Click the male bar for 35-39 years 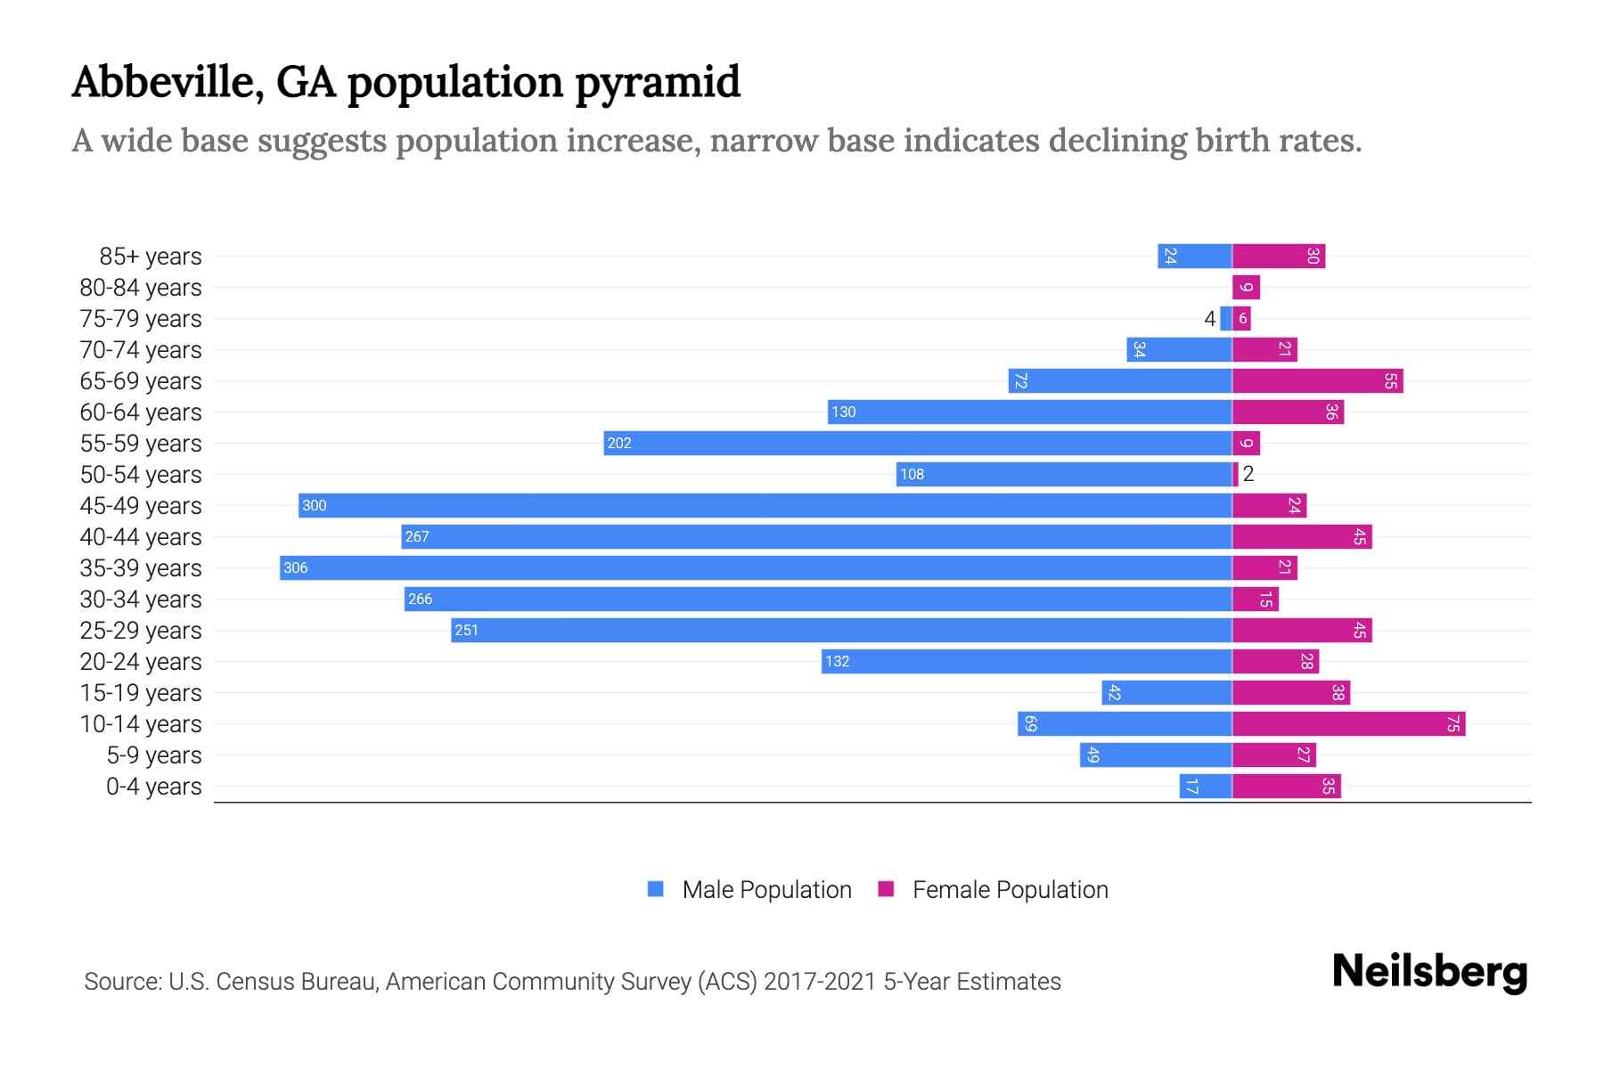pos(756,567)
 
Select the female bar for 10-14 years pos(1348,723)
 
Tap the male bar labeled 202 pos(918,443)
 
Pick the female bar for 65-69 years pos(1317,380)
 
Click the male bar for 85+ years pos(1195,256)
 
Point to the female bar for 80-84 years pos(1246,287)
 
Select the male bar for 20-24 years pos(1027,661)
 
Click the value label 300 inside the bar pos(315,505)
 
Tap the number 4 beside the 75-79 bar pos(1209,319)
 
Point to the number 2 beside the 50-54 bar pos(1248,474)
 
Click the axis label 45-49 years pos(141,506)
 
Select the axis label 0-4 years pos(153,787)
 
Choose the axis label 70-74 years pos(141,350)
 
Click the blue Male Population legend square pos(656,889)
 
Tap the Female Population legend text pos(1010,890)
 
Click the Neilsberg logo pos(1429,972)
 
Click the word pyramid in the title pos(657,83)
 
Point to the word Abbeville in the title pos(167,82)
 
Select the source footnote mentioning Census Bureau pos(572,982)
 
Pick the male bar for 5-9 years pos(1156,755)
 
